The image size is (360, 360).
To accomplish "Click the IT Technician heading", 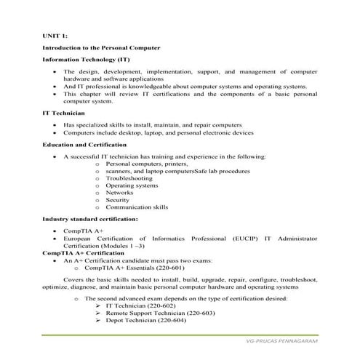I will (x=63, y=113).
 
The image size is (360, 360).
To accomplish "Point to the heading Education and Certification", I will (x=86, y=145).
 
